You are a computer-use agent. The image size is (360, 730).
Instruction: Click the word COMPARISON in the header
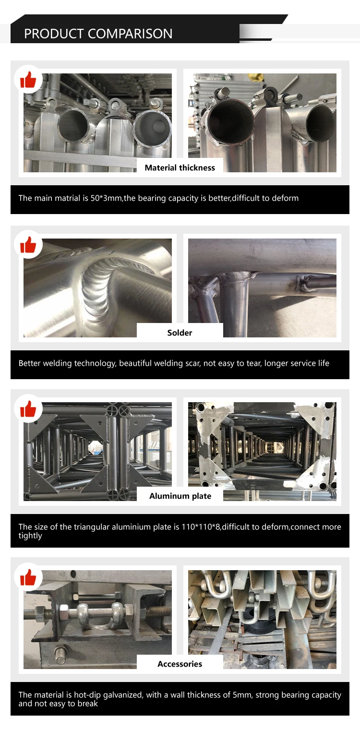point(130,34)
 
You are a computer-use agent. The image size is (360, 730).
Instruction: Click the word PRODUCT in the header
point(54,34)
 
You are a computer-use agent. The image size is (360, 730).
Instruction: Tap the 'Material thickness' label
point(180,168)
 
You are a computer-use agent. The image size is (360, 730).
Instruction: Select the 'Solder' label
point(180,333)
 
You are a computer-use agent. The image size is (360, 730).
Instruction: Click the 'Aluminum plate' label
point(180,496)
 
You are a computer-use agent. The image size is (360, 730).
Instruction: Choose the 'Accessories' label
point(180,664)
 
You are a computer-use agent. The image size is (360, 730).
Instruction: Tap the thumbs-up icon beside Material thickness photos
point(28,80)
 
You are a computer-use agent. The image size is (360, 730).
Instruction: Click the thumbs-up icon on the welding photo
point(28,245)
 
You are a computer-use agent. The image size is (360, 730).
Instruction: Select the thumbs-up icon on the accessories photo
point(28,577)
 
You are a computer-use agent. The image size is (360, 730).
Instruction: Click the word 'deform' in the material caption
point(286,198)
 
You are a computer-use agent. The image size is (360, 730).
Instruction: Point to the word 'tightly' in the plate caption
point(30,536)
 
